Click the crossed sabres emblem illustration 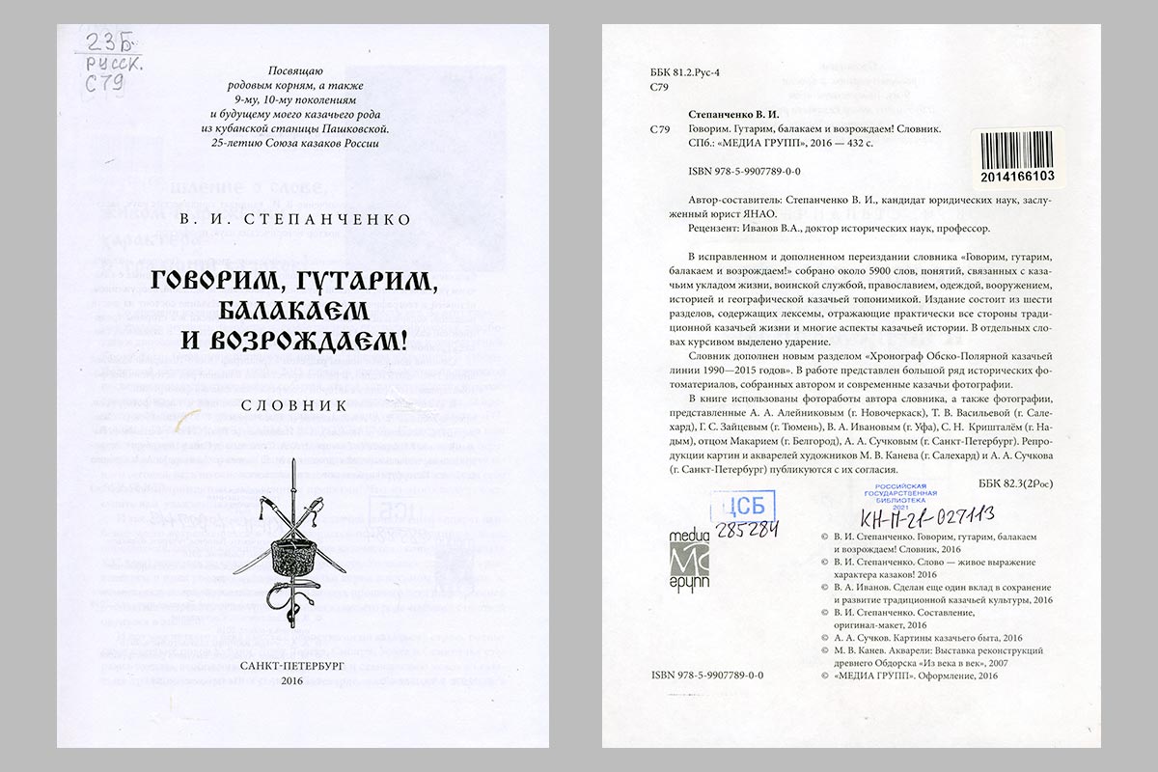[x=293, y=550]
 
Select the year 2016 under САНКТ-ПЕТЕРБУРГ [x=292, y=681]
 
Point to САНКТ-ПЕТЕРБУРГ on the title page [x=292, y=665]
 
